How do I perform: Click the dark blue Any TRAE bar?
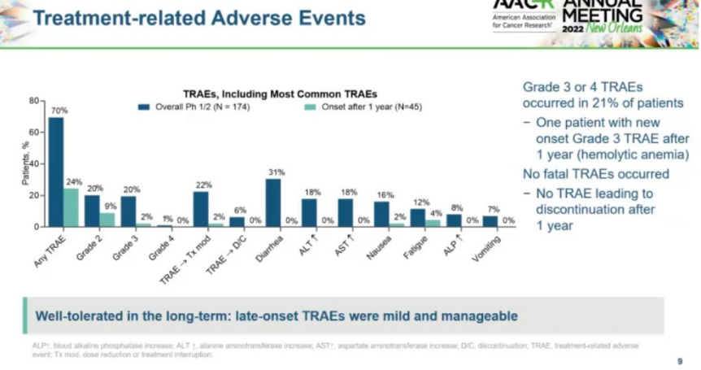(56, 172)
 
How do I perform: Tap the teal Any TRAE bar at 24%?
(72, 207)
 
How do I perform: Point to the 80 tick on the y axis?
(34, 101)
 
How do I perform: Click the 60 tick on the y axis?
(34, 132)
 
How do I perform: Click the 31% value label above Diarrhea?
(276, 172)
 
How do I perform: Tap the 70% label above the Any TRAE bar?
(59, 110)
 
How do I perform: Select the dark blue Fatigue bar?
(418, 217)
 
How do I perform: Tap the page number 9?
(680, 360)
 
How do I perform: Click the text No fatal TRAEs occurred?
(595, 174)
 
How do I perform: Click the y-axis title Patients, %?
(25, 163)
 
